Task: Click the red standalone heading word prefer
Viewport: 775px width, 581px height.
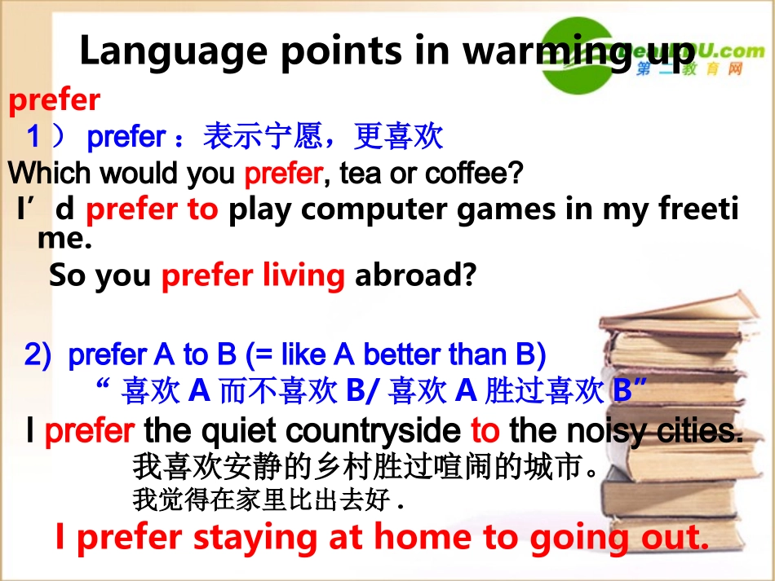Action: click(x=54, y=101)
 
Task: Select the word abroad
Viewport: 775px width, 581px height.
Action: click(x=414, y=276)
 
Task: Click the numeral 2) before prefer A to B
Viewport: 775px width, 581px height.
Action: click(x=38, y=355)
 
